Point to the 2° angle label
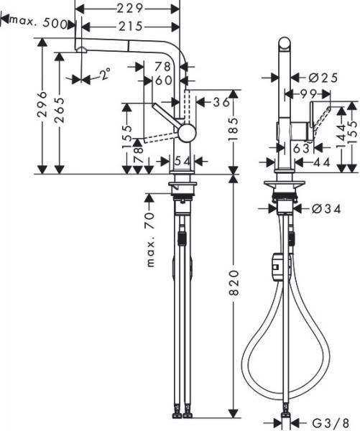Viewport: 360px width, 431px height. click(105, 73)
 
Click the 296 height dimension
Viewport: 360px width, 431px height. click(42, 106)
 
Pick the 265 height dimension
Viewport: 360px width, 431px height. click(59, 111)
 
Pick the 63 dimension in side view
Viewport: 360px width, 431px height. click(300, 149)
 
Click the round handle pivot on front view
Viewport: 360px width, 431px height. click(186, 132)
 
